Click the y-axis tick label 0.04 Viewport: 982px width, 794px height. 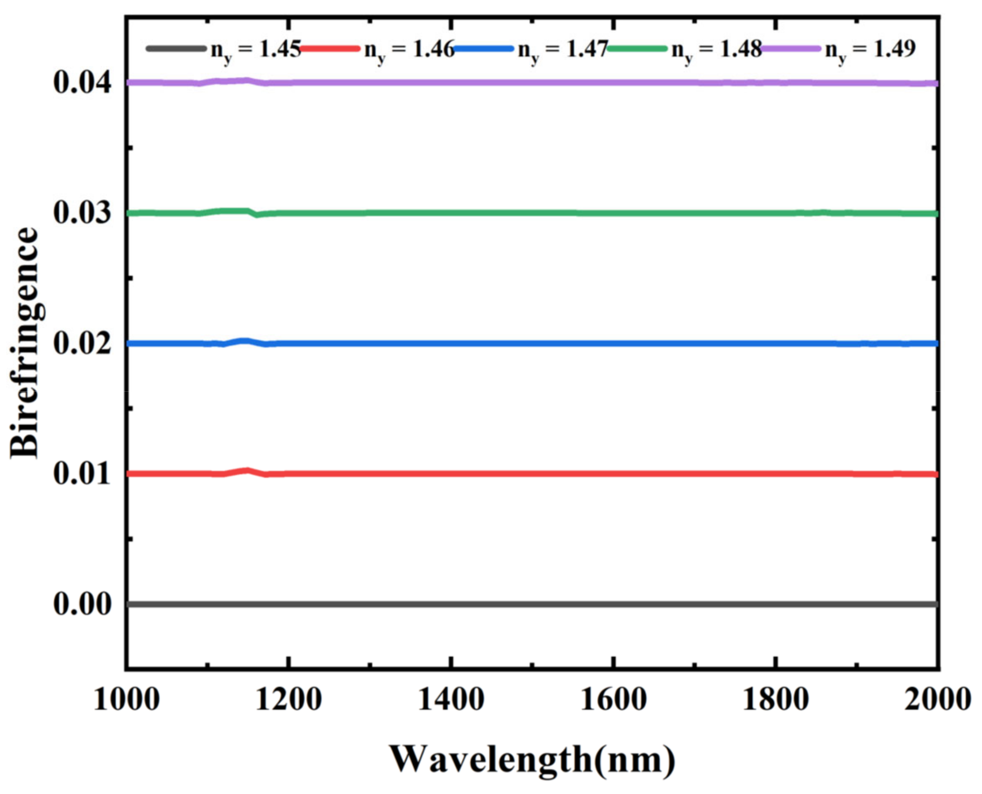point(82,83)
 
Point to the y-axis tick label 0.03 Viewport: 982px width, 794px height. point(82,213)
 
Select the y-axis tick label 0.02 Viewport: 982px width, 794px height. point(82,344)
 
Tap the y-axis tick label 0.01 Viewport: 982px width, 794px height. point(82,474)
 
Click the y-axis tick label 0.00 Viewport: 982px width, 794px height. point(82,604)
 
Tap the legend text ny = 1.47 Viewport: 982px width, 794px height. point(563,49)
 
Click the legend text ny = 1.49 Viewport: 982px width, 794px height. point(870,49)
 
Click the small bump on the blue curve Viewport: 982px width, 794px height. point(245,341)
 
